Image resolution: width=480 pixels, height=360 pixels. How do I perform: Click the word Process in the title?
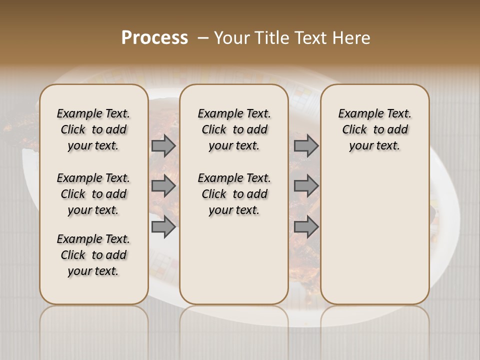(154, 38)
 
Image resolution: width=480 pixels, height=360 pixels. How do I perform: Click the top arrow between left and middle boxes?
(163, 146)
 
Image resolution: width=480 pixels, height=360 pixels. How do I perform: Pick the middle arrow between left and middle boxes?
(163, 186)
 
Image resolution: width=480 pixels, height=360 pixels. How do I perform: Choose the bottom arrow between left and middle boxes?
(163, 227)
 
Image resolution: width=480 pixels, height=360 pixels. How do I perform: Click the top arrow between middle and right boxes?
(306, 146)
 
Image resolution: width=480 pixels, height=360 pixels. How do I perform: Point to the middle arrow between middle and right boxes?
(306, 186)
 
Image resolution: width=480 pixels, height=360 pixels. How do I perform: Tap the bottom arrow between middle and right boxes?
(306, 227)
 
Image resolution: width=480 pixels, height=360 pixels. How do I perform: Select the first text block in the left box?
(93, 129)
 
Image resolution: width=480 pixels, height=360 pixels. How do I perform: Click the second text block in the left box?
(93, 194)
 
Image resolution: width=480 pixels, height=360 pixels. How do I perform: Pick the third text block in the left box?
(93, 255)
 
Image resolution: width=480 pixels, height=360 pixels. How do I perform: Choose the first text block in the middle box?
(234, 129)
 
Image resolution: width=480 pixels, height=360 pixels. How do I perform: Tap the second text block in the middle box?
(234, 194)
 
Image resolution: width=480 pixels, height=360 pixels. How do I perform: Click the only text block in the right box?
(374, 129)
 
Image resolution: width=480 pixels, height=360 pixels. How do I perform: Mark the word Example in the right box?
(358, 114)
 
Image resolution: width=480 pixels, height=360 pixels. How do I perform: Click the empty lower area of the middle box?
(234, 260)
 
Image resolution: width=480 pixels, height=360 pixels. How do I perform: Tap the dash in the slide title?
(203, 38)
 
